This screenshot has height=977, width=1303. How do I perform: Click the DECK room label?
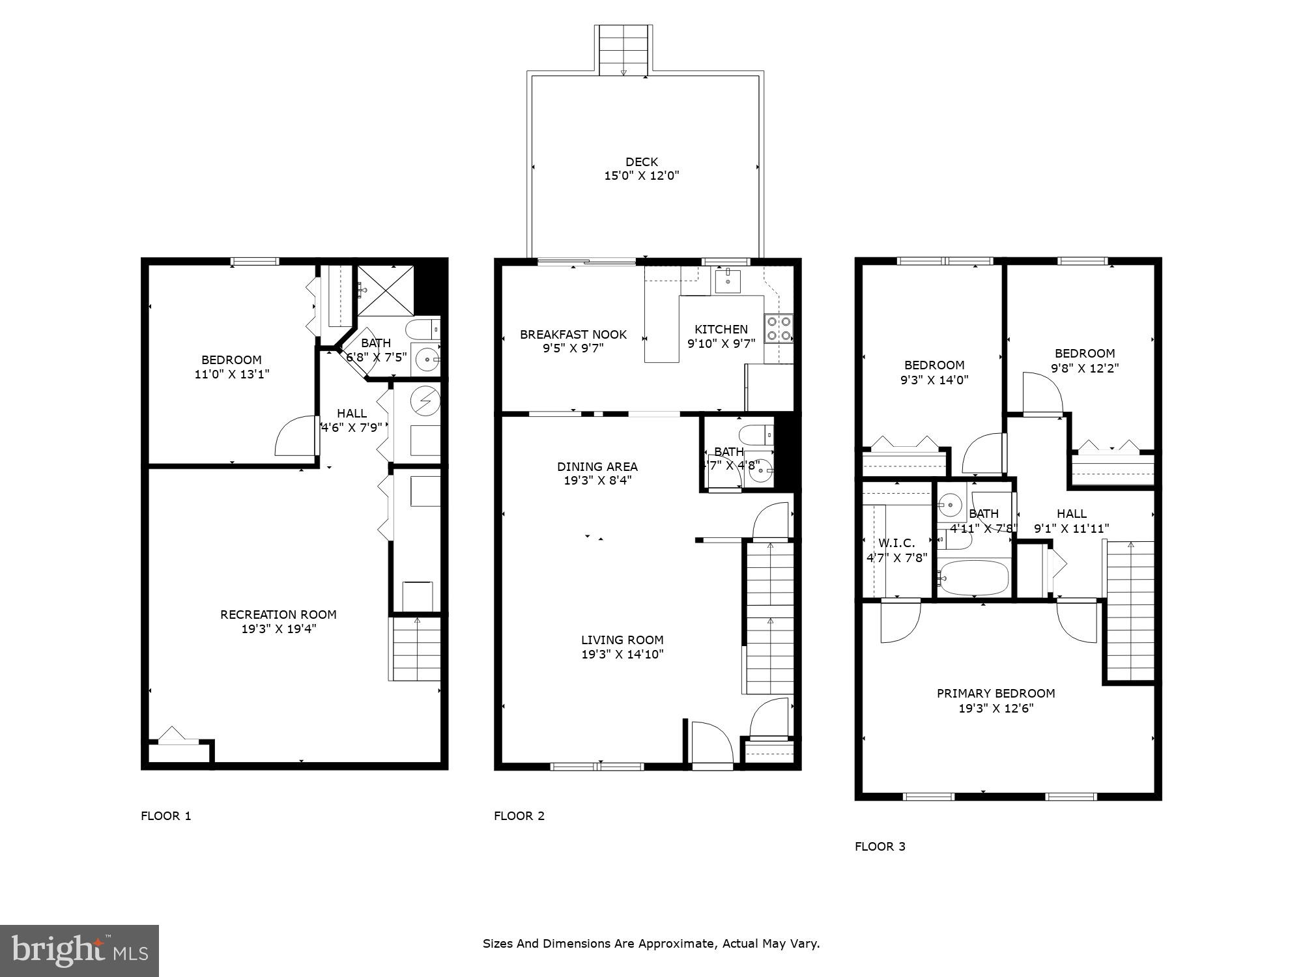pos(642,162)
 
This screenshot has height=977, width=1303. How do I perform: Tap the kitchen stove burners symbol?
pos(779,328)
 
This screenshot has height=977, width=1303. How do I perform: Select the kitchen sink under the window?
pos(728,281)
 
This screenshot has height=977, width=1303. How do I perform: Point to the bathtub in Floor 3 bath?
pos(975,578)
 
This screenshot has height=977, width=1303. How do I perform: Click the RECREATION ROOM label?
pos(278,614)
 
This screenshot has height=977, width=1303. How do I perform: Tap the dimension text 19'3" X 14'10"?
pos(622,655)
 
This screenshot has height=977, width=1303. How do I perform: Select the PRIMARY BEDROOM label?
pos(995,693)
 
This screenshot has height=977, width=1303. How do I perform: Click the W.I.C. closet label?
pos(896,543)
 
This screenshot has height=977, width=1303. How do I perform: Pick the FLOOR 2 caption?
pos(519,815)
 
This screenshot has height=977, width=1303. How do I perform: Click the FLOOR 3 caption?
pos(880,846)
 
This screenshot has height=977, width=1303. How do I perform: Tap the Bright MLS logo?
pos(79,951)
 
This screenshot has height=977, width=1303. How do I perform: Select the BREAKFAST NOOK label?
pos(573,334)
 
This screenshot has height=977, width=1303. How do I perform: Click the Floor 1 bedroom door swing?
pos(296,436)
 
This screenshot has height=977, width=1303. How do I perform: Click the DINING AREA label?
pos(597,466)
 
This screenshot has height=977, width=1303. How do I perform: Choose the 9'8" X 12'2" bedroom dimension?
pos(1085,368)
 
